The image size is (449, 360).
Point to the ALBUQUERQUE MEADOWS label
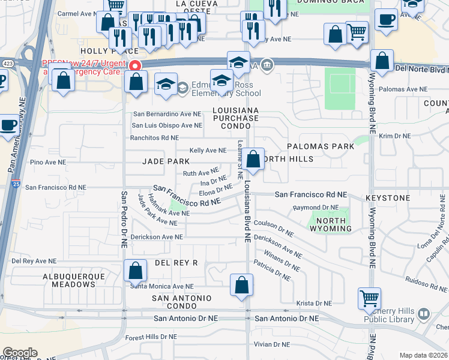tap(74, 281)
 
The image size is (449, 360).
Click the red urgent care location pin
tap(136, 65)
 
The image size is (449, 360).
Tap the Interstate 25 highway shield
tap(14, 185)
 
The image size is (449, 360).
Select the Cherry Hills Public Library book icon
tap(423, 314)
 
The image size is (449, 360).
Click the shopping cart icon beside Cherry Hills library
tap(369, 298)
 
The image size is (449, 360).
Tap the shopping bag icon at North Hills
tap(253, 160)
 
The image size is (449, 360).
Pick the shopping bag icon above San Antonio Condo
tap(242, 286)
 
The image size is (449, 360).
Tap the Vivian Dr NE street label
tap(272, 344)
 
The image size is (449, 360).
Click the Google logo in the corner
tap(20, 353)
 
